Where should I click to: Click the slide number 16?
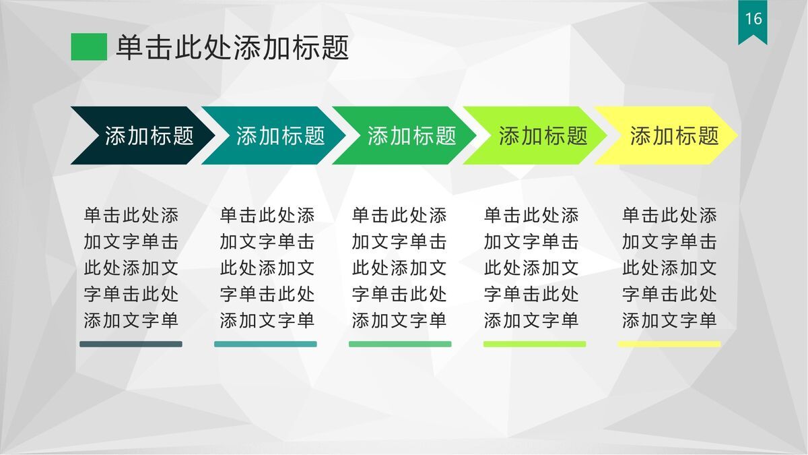pos(753,18)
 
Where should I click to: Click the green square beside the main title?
pos(89,47)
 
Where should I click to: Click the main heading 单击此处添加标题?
pos(232,48)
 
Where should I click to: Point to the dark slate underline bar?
pos(131,344)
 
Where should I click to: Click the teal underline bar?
pos(265,344)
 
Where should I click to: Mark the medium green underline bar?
pos(400,344)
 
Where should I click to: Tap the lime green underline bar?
pos(535,344)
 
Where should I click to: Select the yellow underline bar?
pos(669,344)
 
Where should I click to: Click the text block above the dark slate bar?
pos(131,268)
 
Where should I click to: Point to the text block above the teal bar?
pos(267,268)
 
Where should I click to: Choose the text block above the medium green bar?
pos(399,268)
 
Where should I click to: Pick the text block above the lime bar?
pos(531,268)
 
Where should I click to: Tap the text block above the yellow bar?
pos(669,268)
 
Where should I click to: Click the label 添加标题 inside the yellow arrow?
pos(675,135)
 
